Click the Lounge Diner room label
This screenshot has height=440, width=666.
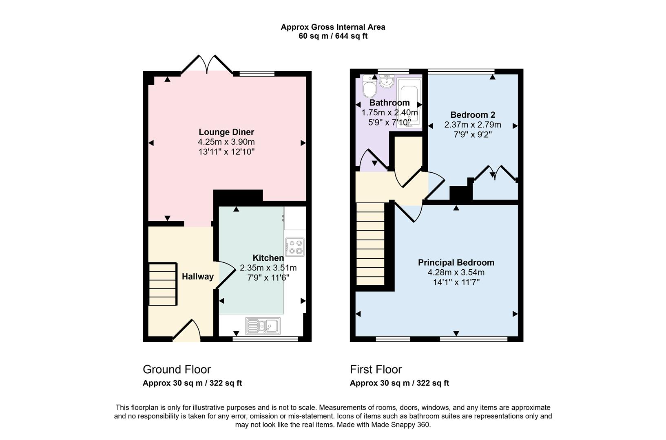226,132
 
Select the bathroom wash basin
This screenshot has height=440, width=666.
386,81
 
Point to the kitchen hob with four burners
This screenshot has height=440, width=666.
295,246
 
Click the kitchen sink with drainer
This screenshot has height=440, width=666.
263,326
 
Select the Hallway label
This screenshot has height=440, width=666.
198,277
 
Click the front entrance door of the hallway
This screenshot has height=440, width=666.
187,331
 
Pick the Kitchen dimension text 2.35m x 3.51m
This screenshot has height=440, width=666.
268,268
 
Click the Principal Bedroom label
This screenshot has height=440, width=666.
456,263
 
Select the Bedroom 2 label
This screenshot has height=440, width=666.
473,115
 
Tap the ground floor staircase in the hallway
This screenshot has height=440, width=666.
163,284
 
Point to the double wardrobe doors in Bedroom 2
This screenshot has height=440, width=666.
494,173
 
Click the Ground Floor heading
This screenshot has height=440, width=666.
177,370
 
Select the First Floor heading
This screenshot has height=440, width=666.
376,370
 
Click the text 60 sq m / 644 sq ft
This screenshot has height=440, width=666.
333,36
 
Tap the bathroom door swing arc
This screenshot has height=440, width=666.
373,159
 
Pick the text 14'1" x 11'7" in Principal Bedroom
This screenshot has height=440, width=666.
456,282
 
